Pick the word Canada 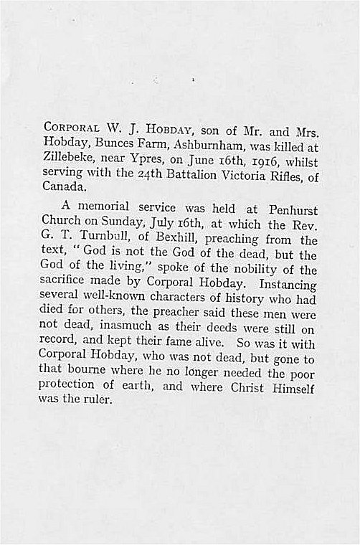pos(66,186)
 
